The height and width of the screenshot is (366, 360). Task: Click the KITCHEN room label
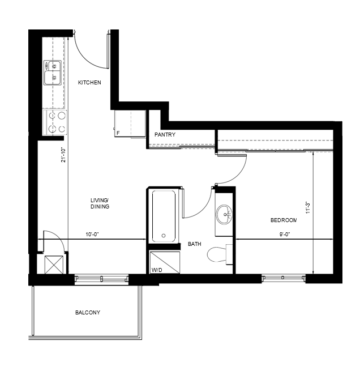[89, 82]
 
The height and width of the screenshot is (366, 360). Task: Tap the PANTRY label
[165, 134]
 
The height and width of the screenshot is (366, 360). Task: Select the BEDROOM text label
[284, 220]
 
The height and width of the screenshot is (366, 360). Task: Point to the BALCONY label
[88, 312]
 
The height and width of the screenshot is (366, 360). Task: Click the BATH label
[195, 244]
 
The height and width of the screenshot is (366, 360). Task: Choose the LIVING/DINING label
[100, 203]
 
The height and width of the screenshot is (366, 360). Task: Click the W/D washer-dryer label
[157, 270]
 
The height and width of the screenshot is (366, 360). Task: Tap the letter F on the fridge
[118, 133]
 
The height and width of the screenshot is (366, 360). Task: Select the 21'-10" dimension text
[63, 155]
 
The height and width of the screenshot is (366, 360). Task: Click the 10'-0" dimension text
[92, 234]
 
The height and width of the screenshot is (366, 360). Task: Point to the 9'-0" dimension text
[285, 234]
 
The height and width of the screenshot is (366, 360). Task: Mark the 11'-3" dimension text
[308, 208]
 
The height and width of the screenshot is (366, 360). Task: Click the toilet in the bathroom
[220, 254]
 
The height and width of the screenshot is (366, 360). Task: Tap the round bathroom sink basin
[224, 215]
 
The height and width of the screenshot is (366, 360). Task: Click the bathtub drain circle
[164, 236]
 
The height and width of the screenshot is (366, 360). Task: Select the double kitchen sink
[53, 73]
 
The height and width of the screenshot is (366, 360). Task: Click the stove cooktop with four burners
[55, 122]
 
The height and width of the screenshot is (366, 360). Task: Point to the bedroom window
[284, 278]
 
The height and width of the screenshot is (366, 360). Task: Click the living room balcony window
[101, 279]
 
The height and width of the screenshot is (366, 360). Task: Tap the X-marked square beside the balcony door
[54, 265]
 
